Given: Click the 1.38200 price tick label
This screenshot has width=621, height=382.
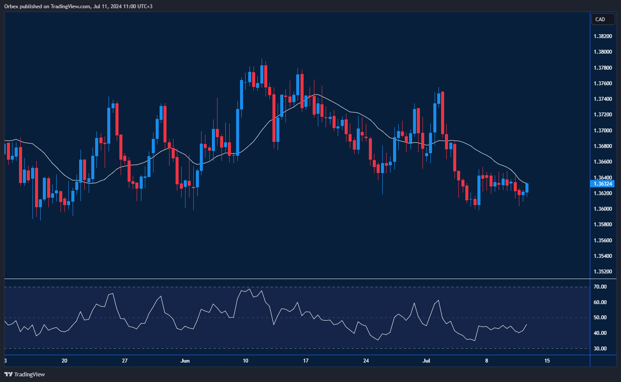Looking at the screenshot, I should click(603, 36).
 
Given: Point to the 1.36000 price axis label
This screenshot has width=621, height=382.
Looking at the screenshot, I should click(603, 209).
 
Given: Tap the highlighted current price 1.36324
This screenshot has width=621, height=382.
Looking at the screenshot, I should click(603, 184).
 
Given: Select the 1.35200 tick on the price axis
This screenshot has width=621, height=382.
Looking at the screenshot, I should click(603, 272).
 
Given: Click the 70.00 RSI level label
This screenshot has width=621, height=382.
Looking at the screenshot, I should click(600, 287).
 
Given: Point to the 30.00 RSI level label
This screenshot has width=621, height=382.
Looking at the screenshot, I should click(600, 349).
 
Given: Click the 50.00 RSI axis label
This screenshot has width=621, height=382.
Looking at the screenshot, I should click(600, 318).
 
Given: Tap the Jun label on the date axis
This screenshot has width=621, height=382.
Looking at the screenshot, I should click(185, 361).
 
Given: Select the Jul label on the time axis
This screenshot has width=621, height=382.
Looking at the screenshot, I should click(426, 361).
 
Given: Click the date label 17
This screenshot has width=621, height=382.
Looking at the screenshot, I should click(306, 361).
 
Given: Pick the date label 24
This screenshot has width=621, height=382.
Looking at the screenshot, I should click(366, 361).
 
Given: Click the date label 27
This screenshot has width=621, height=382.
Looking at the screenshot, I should click(125, 361).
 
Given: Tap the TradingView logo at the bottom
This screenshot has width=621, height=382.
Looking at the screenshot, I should click(25, 374).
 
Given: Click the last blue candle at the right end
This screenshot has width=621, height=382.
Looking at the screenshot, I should click(527, 188).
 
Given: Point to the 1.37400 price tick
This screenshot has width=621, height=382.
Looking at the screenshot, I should click(603, 99).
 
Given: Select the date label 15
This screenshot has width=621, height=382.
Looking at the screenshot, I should click(547, 361).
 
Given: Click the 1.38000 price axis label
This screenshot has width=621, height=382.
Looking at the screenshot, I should click(603, 52).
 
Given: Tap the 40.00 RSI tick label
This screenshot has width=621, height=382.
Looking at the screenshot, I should click(600, 333).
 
